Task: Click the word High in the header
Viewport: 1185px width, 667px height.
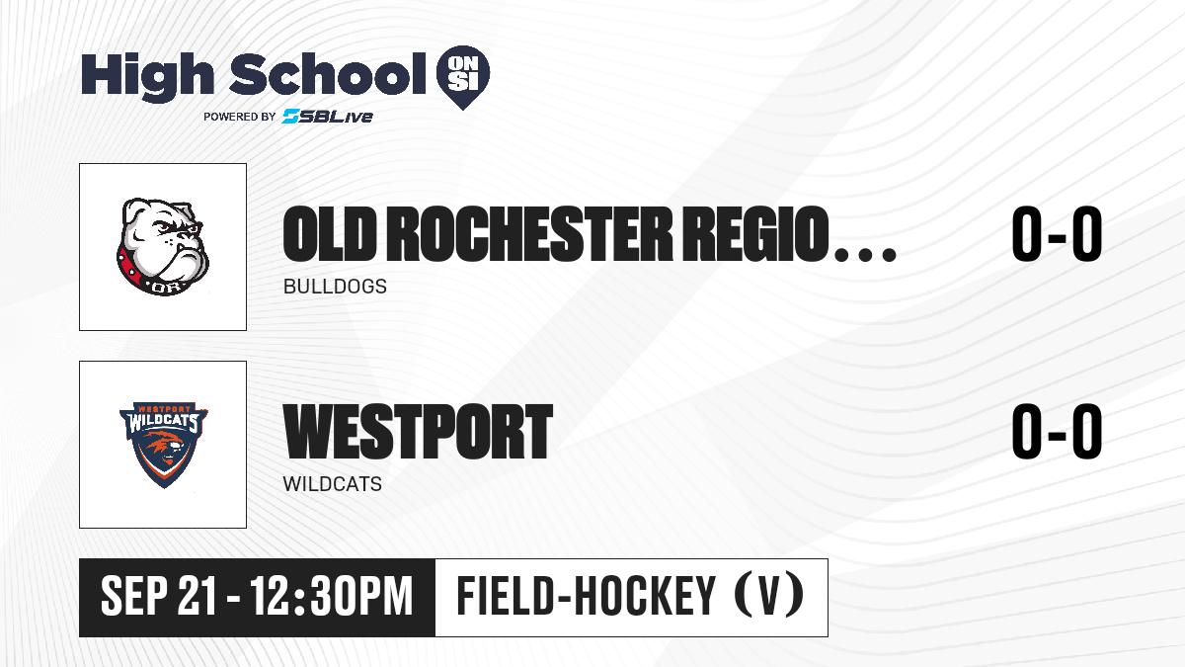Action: [147, 76]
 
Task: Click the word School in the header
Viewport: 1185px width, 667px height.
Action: [328, 73]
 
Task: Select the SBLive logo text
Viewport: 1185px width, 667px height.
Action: [328, 117]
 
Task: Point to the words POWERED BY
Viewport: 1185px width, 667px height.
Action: [240, 117]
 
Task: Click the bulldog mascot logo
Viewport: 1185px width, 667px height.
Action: [163, 247]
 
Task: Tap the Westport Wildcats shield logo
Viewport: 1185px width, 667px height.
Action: [164, 445]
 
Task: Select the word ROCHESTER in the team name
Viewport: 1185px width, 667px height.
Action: [529, 234]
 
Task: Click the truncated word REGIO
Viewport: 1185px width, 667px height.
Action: [755, 234]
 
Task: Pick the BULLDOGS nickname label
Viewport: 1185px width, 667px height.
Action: [335, 287]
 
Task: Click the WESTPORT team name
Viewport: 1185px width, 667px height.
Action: [418, 432]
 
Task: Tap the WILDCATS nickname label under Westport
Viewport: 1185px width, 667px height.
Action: [332, 484]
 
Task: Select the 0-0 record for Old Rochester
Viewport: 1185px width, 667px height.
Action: [1057, 233]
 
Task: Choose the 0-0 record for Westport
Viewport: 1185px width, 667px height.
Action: [1057, 431]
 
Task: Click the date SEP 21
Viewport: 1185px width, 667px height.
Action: [159, 596]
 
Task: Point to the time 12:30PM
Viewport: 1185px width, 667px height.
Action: [331, 596]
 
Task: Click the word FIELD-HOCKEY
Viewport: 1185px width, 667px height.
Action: [587, 596]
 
